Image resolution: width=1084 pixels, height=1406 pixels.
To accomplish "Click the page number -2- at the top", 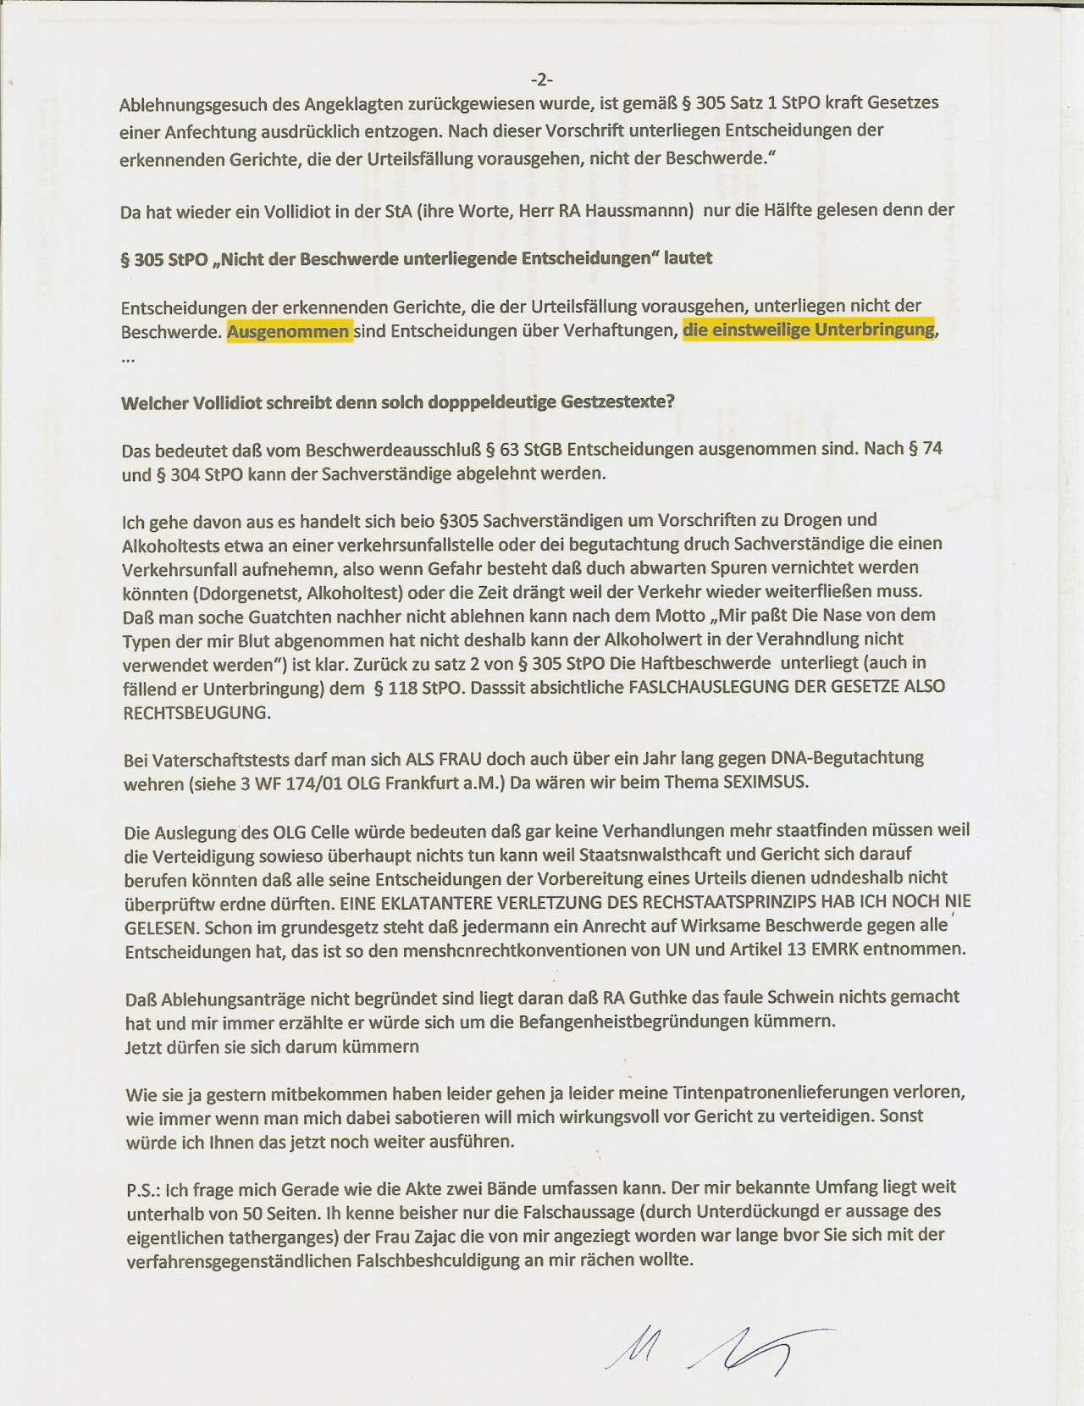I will coord(542,80).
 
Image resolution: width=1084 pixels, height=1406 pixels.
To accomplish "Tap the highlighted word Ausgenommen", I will coord(289,331).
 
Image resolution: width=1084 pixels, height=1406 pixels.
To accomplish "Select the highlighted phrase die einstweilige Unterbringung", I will coord(809,329).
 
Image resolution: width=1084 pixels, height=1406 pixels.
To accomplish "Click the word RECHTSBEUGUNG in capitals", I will coord(197,712).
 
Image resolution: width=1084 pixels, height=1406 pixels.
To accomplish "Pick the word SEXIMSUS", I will coord(765,782).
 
